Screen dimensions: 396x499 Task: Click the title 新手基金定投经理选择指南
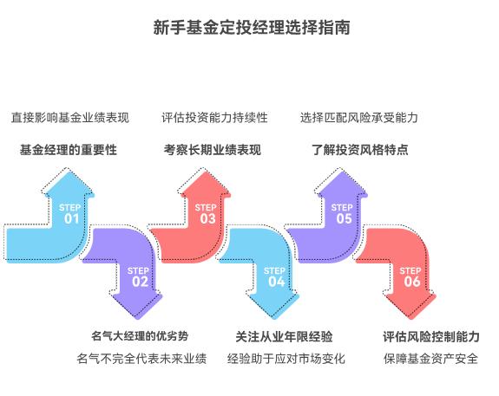pyautogui.click(x=251, y=27)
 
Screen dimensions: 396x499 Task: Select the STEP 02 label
pyautogui.click(x=140, y=276)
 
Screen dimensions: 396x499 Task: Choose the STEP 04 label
pyautogui.click(x=275, y=276)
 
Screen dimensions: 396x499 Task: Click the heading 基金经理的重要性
pyautogui.click(x=69, y=150)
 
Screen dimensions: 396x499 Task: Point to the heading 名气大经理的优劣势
pyautogui.click(x=140, y=336)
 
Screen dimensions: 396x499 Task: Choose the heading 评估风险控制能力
pyautogui.click(x=431, y=336)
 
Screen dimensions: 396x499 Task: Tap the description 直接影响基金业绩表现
pyautogui.click(x=69, y=117)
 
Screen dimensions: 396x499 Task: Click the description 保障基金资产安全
pyautogui.click(x=430, y=359)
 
